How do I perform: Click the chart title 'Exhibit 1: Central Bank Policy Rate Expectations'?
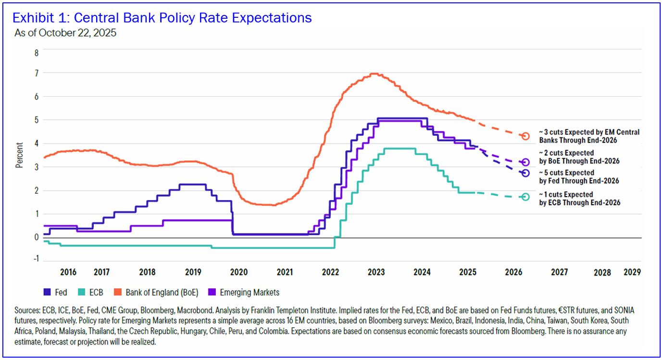162,18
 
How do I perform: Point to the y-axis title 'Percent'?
20,155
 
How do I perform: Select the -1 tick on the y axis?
35,260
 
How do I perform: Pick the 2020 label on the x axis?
238,273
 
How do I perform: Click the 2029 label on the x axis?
632,272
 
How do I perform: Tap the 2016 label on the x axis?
68,273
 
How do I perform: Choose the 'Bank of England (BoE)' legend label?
158,292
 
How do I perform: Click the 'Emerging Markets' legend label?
249,292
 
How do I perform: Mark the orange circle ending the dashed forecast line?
525,136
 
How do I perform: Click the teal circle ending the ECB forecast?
525,197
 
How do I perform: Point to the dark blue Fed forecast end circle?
525,173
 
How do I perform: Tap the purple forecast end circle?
525,162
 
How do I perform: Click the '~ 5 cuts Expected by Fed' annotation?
579,177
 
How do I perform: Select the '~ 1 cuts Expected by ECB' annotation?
579,199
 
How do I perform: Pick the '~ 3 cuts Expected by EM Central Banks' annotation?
589,136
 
